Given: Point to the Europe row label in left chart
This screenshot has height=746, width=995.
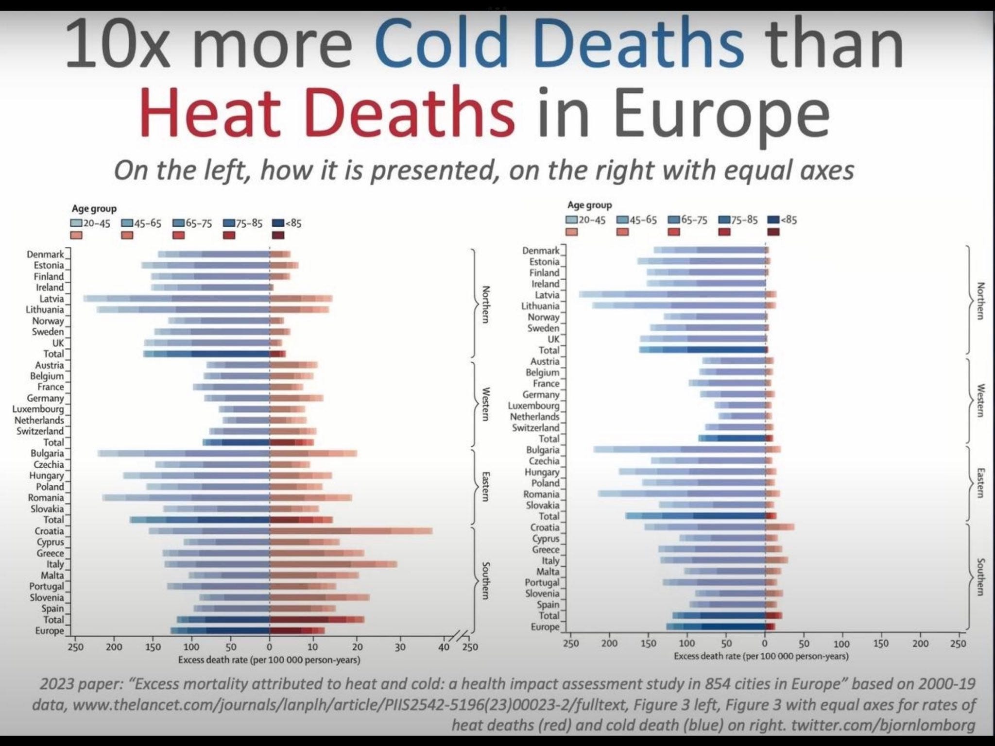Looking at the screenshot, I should click(50, 631).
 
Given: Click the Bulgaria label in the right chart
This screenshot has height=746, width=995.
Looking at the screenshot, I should click(543, 450).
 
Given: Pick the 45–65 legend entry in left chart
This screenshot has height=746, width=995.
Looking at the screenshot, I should click(141, 223).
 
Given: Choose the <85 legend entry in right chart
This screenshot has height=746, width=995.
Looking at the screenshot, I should click(783, 220).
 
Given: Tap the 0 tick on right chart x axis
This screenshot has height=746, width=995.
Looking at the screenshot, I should click(765, 644).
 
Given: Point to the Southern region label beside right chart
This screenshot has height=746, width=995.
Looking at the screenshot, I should click(980, 576).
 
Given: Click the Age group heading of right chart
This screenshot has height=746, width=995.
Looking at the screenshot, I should click(589, 205).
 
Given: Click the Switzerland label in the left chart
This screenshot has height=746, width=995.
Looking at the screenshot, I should click(40, 431).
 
